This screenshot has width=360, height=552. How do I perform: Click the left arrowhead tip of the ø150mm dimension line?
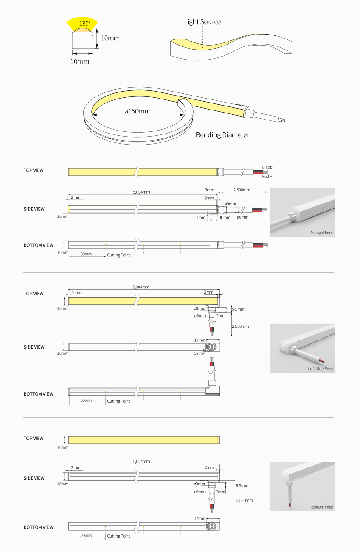93,115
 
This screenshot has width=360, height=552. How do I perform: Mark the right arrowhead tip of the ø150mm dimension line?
184,115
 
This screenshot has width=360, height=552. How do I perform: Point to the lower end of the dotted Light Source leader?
202,48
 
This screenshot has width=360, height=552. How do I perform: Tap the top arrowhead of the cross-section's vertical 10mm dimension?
97,28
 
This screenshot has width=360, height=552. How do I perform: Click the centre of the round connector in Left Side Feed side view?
211,347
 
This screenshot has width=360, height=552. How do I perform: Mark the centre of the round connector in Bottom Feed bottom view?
211,526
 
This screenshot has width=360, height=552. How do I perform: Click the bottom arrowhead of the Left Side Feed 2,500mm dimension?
231,336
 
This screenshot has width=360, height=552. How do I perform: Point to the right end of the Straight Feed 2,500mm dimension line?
267,192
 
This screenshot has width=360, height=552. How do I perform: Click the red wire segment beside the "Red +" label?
257,173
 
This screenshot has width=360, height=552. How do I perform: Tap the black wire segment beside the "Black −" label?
257,171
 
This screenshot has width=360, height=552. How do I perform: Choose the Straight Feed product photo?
303,212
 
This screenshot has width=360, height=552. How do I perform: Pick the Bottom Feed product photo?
303,486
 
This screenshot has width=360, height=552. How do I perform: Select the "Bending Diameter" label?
222,135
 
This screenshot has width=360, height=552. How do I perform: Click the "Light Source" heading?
202,22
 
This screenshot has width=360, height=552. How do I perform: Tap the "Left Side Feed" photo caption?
320,369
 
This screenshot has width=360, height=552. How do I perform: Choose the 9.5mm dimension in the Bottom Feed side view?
242,485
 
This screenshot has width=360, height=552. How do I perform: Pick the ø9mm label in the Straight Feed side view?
230,204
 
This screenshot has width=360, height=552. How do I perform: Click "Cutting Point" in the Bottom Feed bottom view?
118,536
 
